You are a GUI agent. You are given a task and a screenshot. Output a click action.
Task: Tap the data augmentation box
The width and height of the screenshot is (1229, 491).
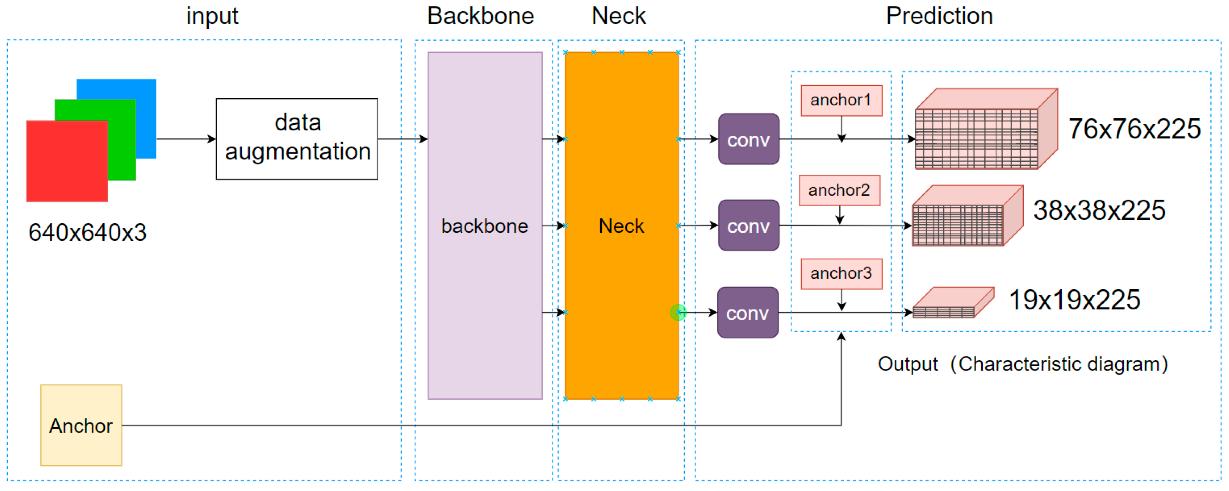pyautogui.click(x=297, y=139)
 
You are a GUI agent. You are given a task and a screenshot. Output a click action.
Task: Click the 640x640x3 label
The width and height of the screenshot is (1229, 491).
pyautogui.click(x=87, y=233)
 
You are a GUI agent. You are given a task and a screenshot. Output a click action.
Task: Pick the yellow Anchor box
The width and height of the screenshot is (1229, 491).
pyautogui.click(x=81, y=425)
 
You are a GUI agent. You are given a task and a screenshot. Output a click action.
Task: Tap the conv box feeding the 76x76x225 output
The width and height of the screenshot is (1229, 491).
pyautogui.click(x=748, y=139)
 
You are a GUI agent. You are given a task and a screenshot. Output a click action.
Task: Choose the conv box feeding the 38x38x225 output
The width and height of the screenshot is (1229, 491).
pyautogui.click(x=748, y=226)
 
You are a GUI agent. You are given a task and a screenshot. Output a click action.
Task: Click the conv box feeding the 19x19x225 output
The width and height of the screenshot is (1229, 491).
pyautogui.click(x=747, y=313)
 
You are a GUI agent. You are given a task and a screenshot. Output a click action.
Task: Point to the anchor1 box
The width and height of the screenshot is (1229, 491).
pyautogui.click(x=841, y=100)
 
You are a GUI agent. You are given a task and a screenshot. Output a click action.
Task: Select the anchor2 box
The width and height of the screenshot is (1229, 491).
pyautogui.click(x=839, y=190)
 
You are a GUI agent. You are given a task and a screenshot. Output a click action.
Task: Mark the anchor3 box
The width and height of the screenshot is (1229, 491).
pyautogui.click(x=841, y=274)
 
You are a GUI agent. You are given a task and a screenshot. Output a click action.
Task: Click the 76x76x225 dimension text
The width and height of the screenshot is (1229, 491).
pyautogui.click(x=1134, y=129)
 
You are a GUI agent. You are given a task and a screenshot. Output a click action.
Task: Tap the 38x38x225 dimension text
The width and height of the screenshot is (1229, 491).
pyautogui.click(x=1099, y=210)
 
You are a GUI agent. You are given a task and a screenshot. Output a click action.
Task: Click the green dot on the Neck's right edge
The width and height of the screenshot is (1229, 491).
pyautogui.click(x=678, y=313)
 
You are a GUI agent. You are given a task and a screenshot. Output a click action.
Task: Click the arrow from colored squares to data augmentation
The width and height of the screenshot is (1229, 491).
pyautogui.click(x=186, y=139)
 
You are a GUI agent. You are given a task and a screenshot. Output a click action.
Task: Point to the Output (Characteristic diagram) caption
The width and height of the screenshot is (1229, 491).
pyautogui.click(x=1023, y=364)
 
